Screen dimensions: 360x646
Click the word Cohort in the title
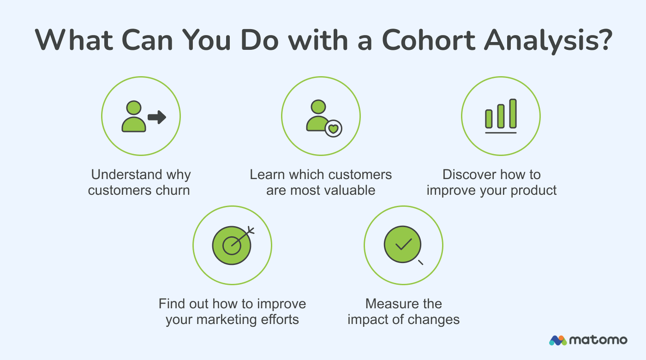[424, 40]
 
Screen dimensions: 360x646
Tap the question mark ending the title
[603, 40]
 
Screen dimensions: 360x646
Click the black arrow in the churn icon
[157, 118]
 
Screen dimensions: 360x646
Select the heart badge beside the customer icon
[333, 128]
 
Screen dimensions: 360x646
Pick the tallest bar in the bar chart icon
[513, 113]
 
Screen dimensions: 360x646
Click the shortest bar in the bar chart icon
[489, 119]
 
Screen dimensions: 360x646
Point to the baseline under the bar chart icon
[501, 132]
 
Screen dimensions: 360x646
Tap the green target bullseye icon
[231, 245]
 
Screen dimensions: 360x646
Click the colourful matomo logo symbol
[558, 341]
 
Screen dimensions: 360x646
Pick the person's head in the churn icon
[133, 108]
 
